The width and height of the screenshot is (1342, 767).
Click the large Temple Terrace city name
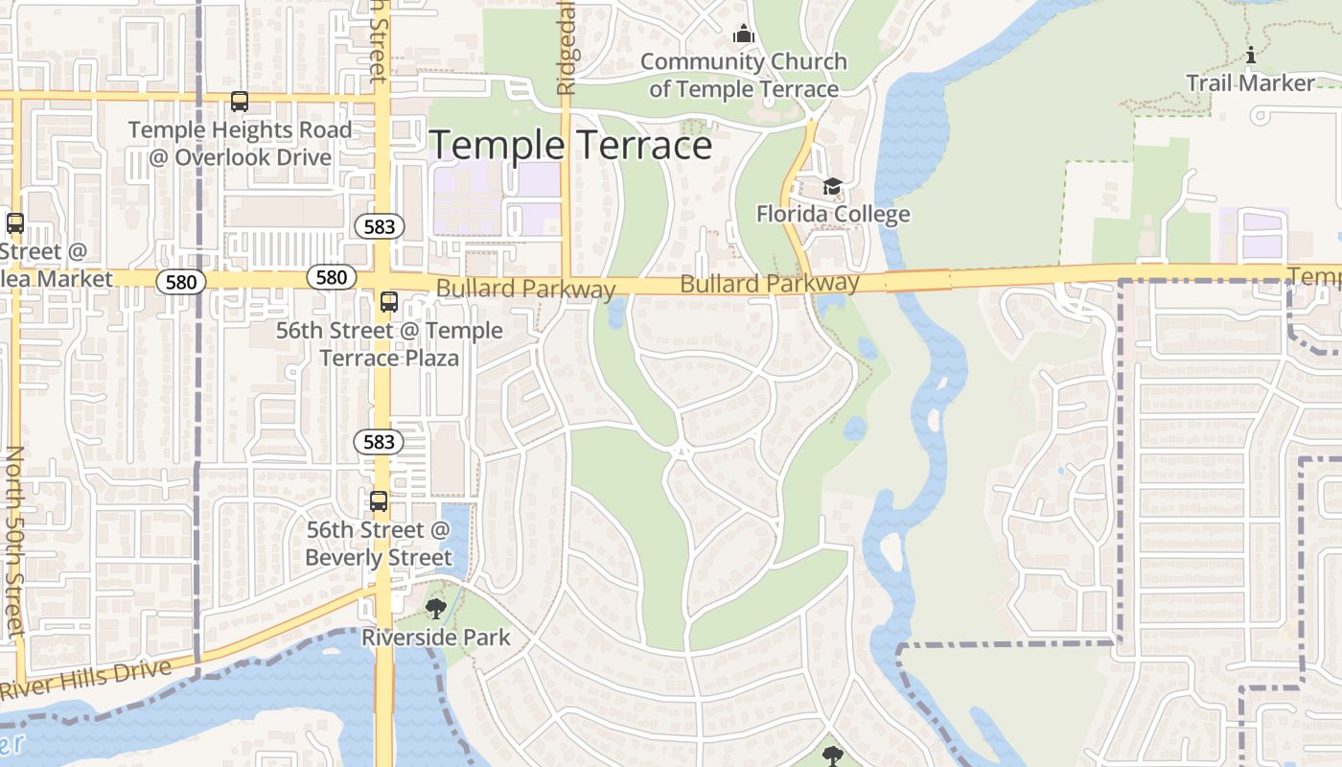[x=570, y=146]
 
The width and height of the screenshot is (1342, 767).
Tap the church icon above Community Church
[x=743, y=35]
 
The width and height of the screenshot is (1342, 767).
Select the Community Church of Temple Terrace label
[x=743, y=76]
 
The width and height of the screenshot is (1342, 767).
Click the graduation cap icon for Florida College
[x=832, y=186]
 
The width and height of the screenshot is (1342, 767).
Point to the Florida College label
[x=833, y=214]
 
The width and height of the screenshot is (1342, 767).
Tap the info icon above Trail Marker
[x=1250, y=56]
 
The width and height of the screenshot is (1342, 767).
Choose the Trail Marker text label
[x=1250, y=83]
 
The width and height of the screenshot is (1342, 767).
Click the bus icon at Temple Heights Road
[x=240, y=101]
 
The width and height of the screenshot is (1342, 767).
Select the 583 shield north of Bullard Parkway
[x=379, y=226]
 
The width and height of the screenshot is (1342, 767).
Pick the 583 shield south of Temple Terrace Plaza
[x=379, y=442]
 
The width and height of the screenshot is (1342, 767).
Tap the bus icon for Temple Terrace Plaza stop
[x=388, y=302]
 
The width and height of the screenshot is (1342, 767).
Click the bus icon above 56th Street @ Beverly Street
[x=379, y=501]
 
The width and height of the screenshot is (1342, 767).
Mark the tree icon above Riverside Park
[x=436, y=608]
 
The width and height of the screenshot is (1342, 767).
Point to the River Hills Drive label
[x=86, y=679]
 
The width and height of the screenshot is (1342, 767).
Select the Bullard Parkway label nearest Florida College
[x=770, y=284]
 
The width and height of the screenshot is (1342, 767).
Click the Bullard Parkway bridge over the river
[x=917, y=281]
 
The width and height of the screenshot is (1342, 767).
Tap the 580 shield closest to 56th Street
[x=331, y=277]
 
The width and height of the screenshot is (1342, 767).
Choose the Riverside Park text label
[x=436, y=638]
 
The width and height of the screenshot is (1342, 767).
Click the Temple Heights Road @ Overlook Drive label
[x=240, y=144]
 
